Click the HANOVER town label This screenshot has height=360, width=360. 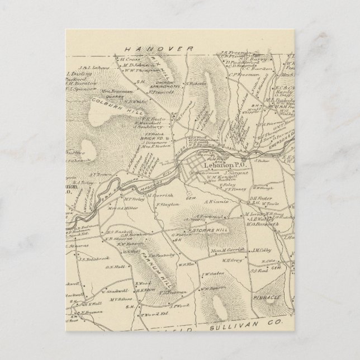pyautogui.click(x=159, y=49)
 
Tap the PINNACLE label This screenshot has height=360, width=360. pyautogui.click(x=270, y=298)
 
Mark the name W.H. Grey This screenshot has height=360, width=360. pyautogui.click(x=232, y=259)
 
